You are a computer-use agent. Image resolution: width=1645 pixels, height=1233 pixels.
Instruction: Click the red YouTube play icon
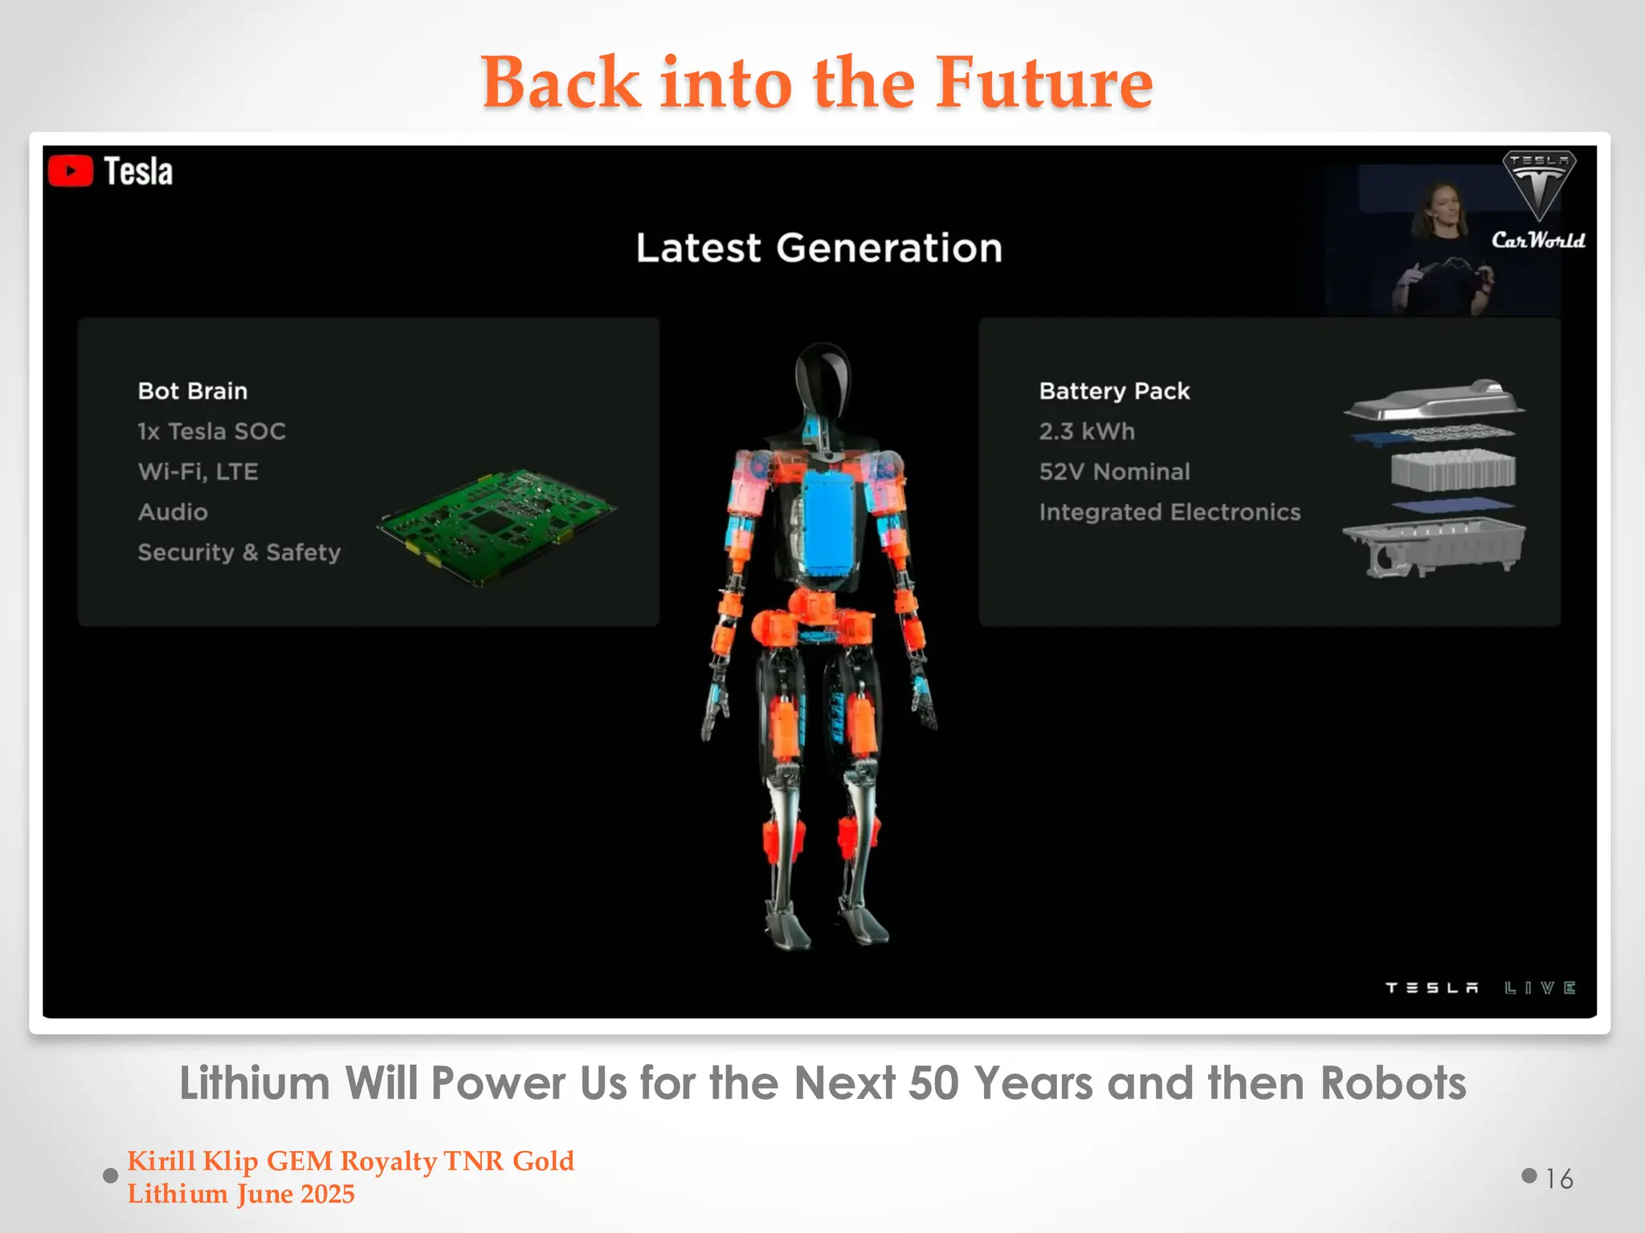click(71, 171)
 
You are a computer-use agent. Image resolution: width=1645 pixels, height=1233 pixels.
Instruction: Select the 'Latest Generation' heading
click(818, 248)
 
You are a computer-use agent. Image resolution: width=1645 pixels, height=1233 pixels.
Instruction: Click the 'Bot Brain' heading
click(193, 391)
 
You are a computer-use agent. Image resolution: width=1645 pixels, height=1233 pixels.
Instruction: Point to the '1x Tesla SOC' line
click(211, 431)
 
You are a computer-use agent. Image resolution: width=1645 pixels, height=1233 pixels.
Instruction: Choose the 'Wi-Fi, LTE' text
click(198, 471)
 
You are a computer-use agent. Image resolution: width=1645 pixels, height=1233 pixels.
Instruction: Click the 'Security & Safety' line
click(239, 552)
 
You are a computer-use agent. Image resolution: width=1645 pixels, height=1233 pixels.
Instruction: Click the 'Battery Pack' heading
click(1114, 391)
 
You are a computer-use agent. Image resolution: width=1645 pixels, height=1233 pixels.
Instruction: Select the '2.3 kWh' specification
click(1087, 431)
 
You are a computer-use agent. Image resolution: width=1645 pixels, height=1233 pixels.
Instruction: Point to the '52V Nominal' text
click(1114, 471)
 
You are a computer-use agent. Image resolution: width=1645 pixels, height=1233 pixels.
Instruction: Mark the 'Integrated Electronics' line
click(1169, 512)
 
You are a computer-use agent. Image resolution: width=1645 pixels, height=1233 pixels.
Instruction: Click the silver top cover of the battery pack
click(1435, 400)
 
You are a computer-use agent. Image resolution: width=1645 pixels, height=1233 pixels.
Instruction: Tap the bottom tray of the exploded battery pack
click(1435, 546)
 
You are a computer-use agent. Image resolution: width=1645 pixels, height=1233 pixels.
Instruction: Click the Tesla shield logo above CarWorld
click(1539, 184)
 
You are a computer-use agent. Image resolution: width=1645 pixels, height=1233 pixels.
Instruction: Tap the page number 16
click(1559, 1178)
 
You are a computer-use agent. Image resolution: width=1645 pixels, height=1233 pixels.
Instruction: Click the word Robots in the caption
click(1394, 1084)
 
